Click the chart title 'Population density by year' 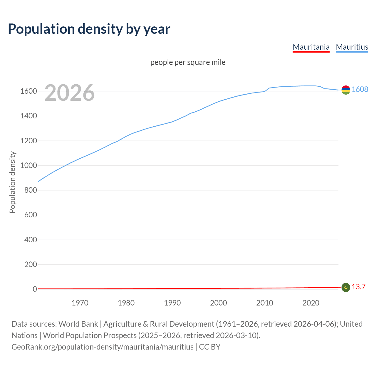point(89,29)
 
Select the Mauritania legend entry point(311,47)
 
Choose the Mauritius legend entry point(352,47)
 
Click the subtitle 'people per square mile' point(188,62)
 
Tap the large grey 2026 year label point(70,93)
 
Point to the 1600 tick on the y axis point(28,91)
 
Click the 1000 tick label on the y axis point(28,166)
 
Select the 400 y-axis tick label point(31,240)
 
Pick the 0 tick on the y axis point(35,289)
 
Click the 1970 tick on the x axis point(80,303)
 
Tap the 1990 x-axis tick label point(172,303)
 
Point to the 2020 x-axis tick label point(311,303)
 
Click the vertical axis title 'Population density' point(12,182)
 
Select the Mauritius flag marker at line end point(346,90)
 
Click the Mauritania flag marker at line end point(346,287)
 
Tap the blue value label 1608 point(360,89)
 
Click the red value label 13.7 point(358,287)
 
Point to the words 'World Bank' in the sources point(78,324)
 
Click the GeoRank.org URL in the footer point(103,347)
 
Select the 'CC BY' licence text point(210,347)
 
